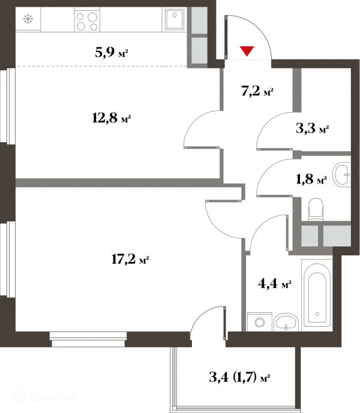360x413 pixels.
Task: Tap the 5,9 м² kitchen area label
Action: pyautogui.click(x=112, y=53)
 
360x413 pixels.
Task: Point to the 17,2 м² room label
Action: pyautogui.click(x=130, y=260)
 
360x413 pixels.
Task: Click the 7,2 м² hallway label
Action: pyautogui.click(x=257, y=92)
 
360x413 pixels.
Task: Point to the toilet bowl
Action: pyautogui.click(x=316, y=210)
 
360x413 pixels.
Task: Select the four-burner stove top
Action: pyautogui.click(x=86, y=22)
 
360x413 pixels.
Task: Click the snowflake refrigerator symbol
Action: pyautogui.click(x=27, y=19)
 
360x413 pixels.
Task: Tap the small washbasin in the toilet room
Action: pyautogui.click(x=343, y=174)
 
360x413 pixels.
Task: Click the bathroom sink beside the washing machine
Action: pyautogui.click(x=287, y=322)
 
